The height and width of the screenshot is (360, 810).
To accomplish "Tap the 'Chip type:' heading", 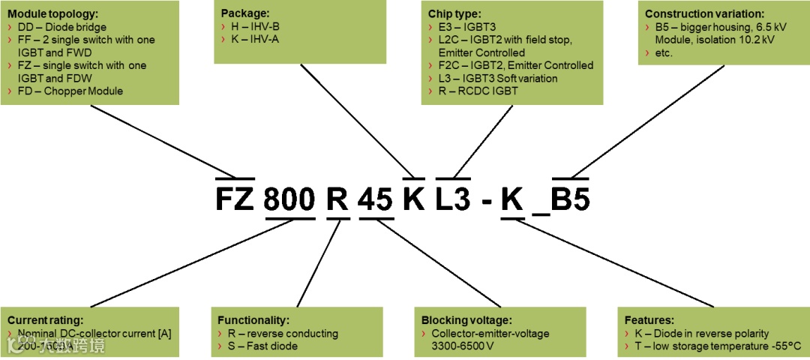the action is pos(455,13).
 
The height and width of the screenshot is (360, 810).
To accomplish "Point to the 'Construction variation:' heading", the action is pos(704,13).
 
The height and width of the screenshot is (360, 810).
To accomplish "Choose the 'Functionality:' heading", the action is pos(253,319).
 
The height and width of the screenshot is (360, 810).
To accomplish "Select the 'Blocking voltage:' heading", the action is pos(465,319).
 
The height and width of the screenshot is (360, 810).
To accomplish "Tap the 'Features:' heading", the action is pos(649,319).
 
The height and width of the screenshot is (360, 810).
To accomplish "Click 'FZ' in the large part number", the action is pos(235,199).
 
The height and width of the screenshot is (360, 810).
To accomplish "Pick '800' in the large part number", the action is pos(290,199).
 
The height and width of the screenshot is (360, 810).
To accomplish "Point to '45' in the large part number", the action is pos(376,199).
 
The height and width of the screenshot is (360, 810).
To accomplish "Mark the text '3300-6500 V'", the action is pos(462,346).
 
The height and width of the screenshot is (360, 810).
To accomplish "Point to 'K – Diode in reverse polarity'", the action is pos(701,333).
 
